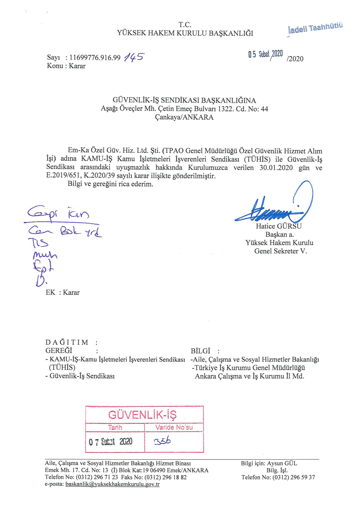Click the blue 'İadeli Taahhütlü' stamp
click(315, 28)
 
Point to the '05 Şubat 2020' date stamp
click(265, 54)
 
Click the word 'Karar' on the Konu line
click(77, 66)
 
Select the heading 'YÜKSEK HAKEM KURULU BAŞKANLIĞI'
click(185, 33)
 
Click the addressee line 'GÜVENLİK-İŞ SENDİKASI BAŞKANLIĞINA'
click(184, 100)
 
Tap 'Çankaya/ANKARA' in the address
click(184, 117)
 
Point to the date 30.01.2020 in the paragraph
click(276, 167)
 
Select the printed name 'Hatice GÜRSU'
click(279, 226)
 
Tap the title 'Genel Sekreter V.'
click(280, 251)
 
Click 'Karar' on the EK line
click(71, 292)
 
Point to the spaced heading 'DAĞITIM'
click(67, 342)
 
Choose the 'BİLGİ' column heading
click(200, 351)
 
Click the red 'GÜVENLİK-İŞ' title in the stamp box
click(142, 415)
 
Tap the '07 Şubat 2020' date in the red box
click(110, 442)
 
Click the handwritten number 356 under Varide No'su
click(162, 441)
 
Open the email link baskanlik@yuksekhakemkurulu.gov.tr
click(112, 484)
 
